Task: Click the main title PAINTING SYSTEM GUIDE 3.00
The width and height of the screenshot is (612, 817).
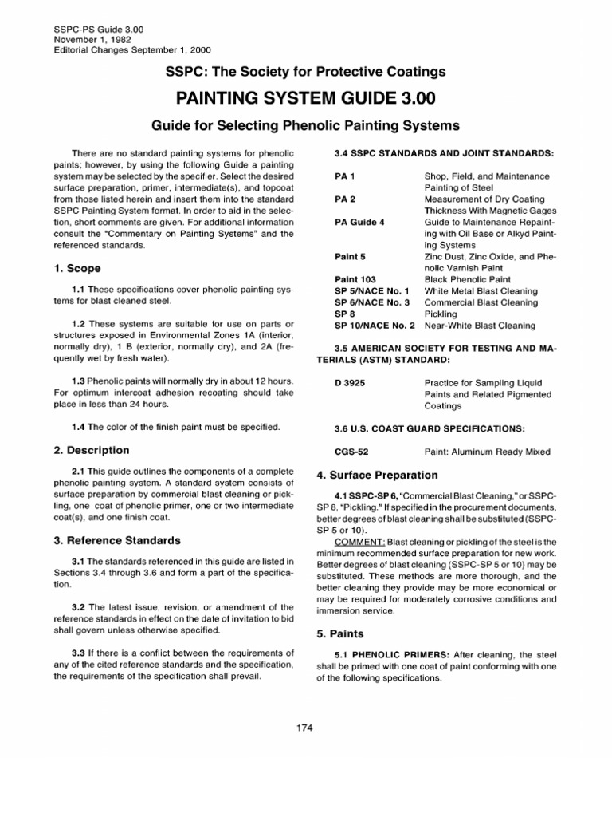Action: pyautogui.click(x=305, y=100)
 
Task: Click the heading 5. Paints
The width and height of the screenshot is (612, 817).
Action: pyautogui.click(x=340, y=633)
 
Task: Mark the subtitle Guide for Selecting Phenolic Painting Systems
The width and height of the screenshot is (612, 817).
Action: pyautogui.click(x=305, y=125)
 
